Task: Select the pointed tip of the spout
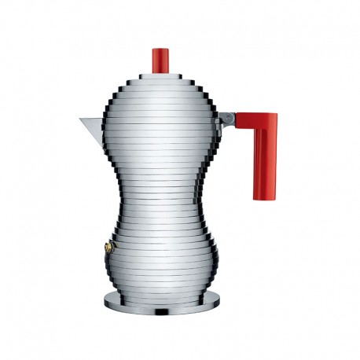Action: pyautogui.click(x=79, y=119)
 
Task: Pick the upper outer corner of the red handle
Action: pyautogui.click(x=277, y=115)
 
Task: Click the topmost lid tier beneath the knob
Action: pyautogui.click(x=160, y=76)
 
